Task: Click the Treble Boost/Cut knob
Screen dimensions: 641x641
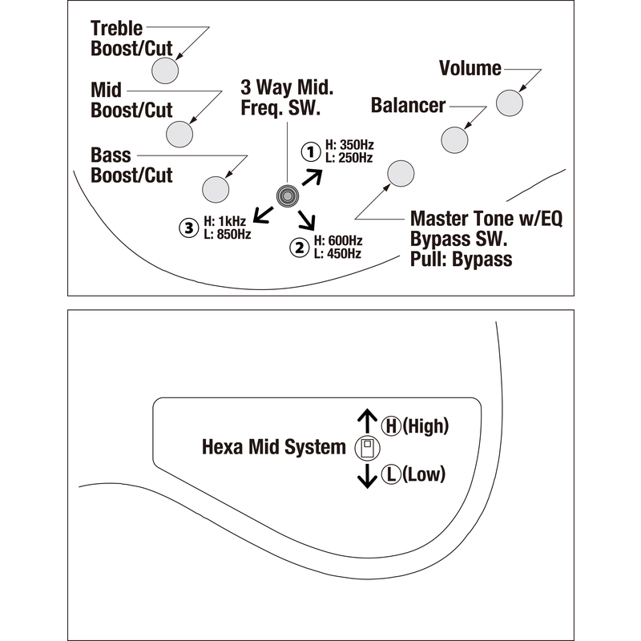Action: click(x=165, y=69)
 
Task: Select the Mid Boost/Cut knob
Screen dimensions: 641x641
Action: click(x=181, y=131)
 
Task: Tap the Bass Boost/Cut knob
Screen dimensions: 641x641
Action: click(x=216, y=188)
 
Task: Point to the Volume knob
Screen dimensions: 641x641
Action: click(x=510, y=103)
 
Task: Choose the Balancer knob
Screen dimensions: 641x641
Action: click(x=455, y=139)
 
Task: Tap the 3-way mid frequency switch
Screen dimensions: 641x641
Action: click(x=286, y=195)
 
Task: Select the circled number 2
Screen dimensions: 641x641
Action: click(x=300, y=248)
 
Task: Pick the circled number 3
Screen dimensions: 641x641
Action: click(x=188, y=228)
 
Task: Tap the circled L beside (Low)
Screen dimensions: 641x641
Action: click(x=391, y=474)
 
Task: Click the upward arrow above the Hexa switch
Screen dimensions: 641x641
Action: click(x=366, y=420)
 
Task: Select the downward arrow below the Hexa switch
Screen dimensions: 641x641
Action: click(x=366, y=476)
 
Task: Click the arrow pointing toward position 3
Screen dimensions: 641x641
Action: click(x=261, y=214)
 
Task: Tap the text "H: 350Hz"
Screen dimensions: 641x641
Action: click(x=349, y=145)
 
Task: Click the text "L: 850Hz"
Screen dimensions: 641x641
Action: click(x=228, y=234)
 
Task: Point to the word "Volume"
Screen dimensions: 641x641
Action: click(x=470, y=69)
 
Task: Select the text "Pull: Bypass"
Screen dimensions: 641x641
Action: click(x=461, y=259)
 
